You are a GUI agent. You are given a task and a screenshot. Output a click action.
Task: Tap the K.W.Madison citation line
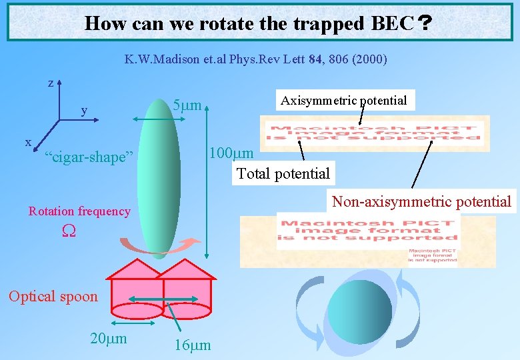pos(255,59)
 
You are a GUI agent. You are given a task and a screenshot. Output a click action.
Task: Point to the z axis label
pos(51,83)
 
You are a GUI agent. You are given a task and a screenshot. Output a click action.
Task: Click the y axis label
pos(84,110)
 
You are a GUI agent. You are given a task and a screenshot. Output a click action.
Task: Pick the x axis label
pos(28,142)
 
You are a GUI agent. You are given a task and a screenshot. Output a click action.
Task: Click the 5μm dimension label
pos(187,106)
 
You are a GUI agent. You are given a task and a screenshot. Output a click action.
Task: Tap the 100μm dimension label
pos(231,153)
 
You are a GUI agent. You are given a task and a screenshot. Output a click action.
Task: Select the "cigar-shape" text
pos(89,157)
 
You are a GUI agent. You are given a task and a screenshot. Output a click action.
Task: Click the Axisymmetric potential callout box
pos(344,101)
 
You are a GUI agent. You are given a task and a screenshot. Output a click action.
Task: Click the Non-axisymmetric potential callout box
pos(421,201)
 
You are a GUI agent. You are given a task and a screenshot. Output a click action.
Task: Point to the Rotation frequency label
pos(79,211)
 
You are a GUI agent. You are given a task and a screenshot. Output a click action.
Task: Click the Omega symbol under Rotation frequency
pos(67,231)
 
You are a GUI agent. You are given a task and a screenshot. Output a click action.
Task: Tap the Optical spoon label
pos(53,297)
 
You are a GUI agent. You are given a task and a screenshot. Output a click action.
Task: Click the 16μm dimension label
pos(192,345)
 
